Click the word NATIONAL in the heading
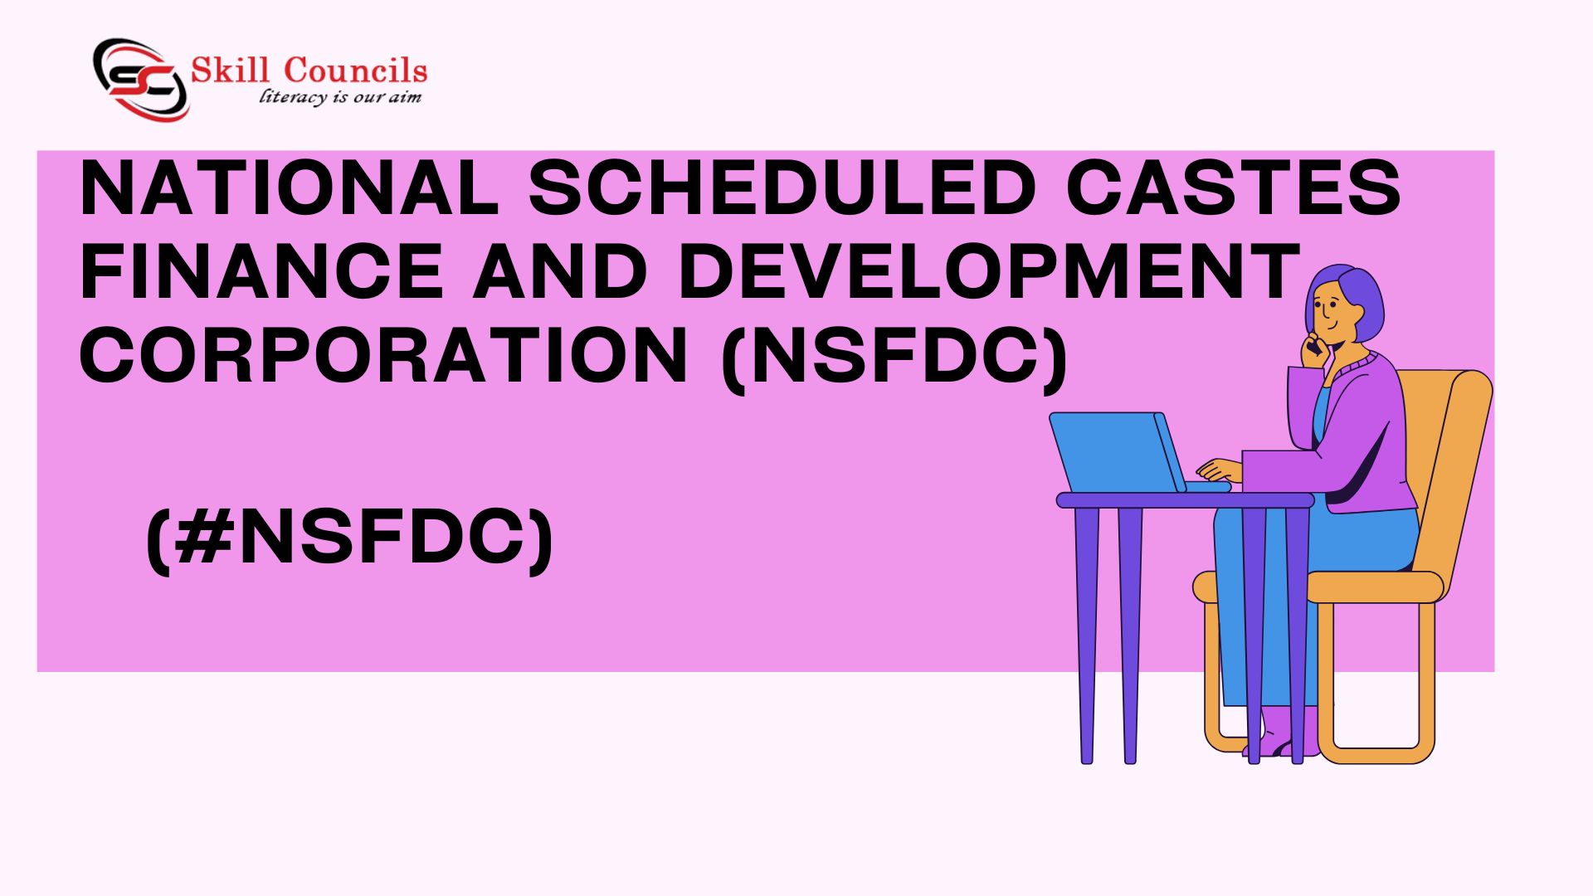tap(289, 188)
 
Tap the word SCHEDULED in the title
tap(782, 188)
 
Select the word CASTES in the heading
tap(1234, 188)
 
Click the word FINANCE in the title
tap(261, 271)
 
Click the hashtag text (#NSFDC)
tap(349, 539)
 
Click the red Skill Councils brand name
tap(309, 71)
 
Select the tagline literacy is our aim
tap(340, 97)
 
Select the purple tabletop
tap(1185, 500)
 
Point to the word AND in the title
tap(561, 271)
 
